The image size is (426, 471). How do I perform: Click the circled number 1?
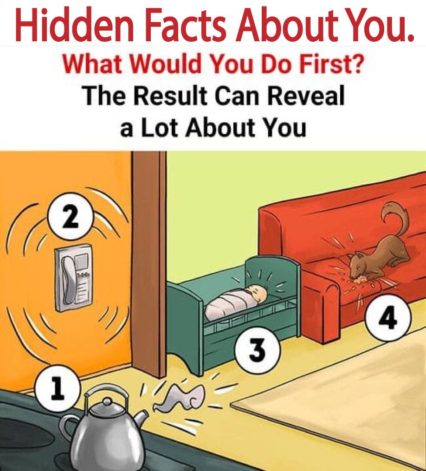click(58, 388)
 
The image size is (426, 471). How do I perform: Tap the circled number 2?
click(71, 216)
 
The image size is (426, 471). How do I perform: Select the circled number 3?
click(258, 350)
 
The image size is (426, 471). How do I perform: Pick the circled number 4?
click(388, 318)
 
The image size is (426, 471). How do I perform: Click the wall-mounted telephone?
click(73, 277)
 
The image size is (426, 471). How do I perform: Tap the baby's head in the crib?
click(257, 294)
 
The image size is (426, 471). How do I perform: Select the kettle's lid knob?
click(107, 401)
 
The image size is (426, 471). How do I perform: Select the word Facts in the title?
click(185, 25)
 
